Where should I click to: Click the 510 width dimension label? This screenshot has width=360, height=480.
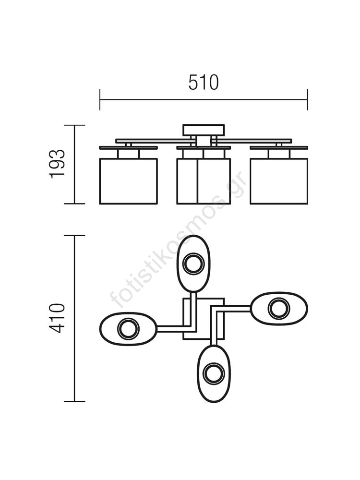click(x=204, y=83)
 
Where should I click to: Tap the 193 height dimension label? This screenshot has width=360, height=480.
click(x=57, y=164)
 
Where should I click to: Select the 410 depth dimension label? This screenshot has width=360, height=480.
click(x=57, y=318)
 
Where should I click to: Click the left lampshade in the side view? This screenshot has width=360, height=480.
click(x=129, y=181)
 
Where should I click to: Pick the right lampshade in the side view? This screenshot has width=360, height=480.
click(x=279, y=181)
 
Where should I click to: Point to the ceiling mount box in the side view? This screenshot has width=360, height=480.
click(x=204, y=130)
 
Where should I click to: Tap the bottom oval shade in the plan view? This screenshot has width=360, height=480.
click(x=214, y=373)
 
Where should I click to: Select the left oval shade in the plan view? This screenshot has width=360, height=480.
click(x=129, y=329)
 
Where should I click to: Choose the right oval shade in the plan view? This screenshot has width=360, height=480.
click(x=279, y=308)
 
